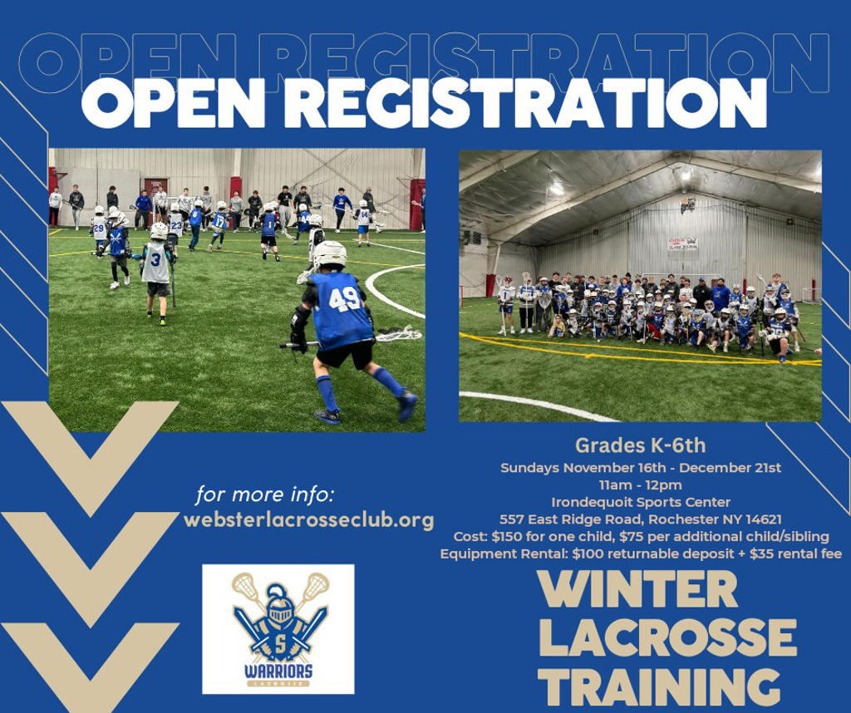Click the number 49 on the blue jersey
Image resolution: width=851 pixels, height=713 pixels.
[x=344, y=299]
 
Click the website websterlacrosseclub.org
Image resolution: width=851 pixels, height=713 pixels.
[x=309, y=520]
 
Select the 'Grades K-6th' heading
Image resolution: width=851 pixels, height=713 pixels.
[x=641, y=445]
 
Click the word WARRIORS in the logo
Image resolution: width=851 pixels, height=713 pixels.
[x=278, y=671]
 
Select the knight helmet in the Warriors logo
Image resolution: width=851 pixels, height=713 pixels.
[x=278, y=605]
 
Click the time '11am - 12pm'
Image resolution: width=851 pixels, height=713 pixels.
[x=641, y=484]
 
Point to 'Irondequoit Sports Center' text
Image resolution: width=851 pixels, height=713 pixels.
[x=641, y=502]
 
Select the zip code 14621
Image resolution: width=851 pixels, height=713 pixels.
[x=764, y=519]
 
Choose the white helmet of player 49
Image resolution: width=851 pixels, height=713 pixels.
[x=330, y=255]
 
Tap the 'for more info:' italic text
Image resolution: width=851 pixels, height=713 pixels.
[x=265, y=495]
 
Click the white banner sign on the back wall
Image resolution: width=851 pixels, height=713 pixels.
[x=683, y=244]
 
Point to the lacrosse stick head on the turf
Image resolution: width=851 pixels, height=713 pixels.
[x=400, y=333]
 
